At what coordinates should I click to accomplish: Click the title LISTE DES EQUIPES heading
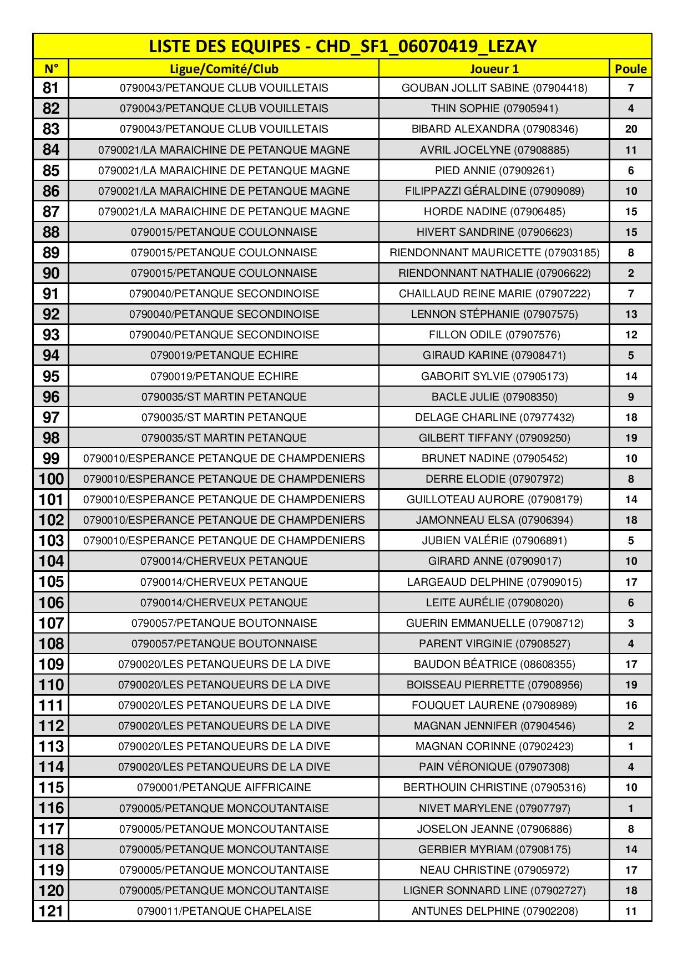pos(342,46)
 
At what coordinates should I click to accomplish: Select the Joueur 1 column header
pos(494,69)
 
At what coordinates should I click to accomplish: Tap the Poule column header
pos(630,69)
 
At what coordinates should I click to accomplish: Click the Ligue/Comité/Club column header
pos(224,69)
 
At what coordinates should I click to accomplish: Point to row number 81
pos(50,88)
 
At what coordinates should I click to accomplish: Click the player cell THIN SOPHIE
pos(494,108)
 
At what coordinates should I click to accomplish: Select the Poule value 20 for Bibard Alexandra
pos(630,129)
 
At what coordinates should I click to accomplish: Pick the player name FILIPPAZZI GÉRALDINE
pos(494,191)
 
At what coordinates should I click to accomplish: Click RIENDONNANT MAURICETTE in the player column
pos(494,252)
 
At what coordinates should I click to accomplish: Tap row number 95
pos(50,376)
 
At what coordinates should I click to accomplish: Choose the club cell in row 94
pos(224,355)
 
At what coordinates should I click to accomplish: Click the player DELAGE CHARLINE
pos(494,417)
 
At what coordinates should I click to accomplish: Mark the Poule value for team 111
pos(630,705)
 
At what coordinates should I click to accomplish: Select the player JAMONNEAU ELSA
pos(494,520)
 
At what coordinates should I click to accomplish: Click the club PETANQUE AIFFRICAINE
pos(224,787)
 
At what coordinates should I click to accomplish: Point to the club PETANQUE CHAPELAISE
pos(224,911)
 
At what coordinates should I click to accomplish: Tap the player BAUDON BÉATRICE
pos(494,664)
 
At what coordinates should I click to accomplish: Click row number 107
pos(50,623)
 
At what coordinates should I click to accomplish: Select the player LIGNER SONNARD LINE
pos(494,890)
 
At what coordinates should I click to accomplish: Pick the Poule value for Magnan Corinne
pos(630,746)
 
